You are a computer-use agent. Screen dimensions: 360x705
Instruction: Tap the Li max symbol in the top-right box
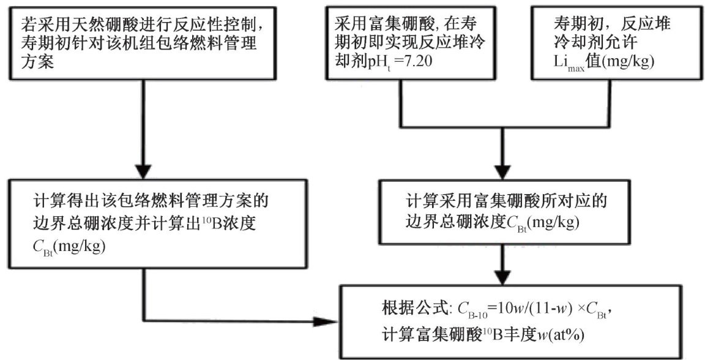[565, 63]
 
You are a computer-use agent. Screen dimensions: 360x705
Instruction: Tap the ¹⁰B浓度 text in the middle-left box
[240, 222]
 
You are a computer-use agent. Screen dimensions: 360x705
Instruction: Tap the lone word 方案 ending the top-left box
[41, 62]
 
